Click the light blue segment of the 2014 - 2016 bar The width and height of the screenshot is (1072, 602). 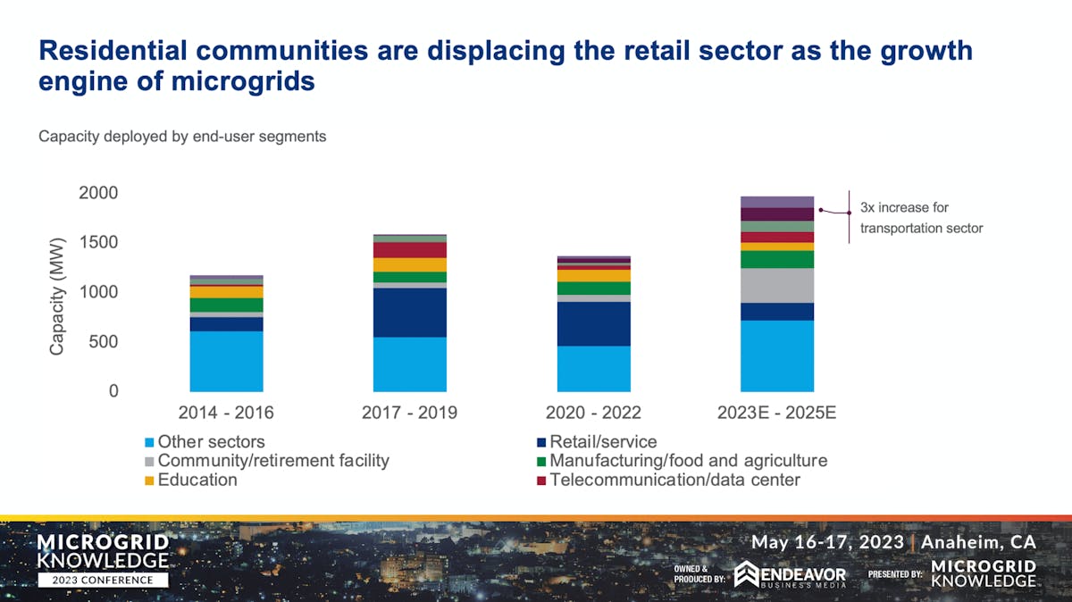[226, 362]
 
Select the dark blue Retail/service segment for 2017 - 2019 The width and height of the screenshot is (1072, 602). [409, 313]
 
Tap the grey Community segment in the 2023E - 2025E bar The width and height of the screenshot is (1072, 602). [776, 285]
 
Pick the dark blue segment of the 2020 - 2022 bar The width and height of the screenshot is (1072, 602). [593, 324]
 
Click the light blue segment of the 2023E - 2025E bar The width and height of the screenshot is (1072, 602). [776, 355]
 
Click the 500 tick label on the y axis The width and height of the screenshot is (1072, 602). [104, 342]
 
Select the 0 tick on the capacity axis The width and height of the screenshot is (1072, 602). [113, 391]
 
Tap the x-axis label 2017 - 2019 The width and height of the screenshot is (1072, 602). [409, 414]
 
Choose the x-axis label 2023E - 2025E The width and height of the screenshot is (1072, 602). [776, 414]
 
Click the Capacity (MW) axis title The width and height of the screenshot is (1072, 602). [57, 297]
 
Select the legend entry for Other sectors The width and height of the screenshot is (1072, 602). [211, 442]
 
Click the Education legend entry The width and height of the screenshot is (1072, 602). [197, 480]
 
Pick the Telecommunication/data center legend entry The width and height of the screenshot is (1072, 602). [674, 480]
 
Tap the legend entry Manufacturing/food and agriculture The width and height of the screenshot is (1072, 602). [688, 461]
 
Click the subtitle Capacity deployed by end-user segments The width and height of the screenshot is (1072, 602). [182, 137]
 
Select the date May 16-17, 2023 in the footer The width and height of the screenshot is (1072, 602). [826, 542]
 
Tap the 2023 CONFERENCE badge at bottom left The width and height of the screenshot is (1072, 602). [102, 580]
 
